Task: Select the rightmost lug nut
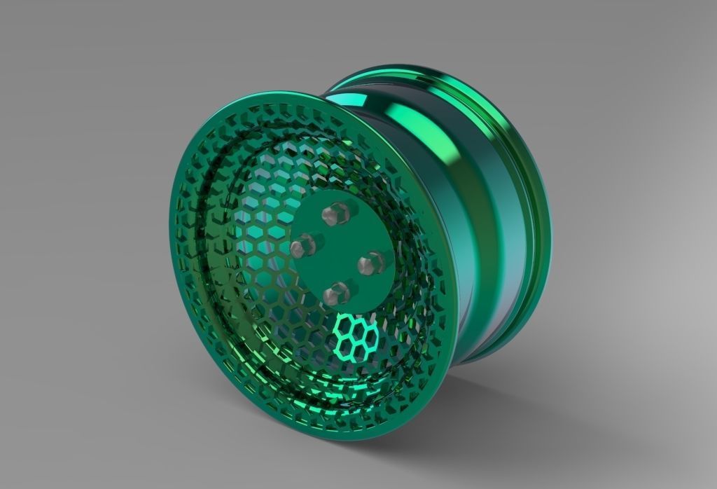tap(369, 264)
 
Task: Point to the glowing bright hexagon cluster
tap(356, 336)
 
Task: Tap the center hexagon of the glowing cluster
tap(356, 336)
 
